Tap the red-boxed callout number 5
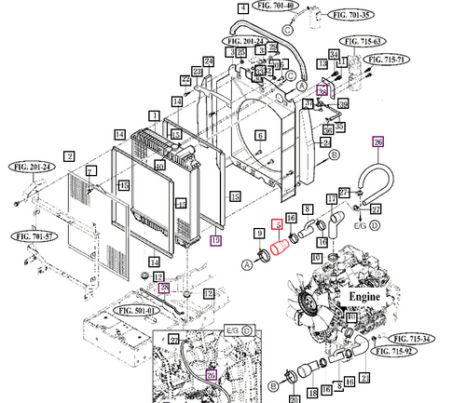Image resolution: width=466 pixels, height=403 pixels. (276, 225)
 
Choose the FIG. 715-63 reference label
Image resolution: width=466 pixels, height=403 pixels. (362, 41)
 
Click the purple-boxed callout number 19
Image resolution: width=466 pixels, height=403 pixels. (215, 240)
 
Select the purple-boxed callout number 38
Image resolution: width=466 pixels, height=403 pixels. (323, 91)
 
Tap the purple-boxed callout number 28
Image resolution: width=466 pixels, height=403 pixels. (164, 289)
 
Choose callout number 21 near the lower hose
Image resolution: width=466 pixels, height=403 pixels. (364, 377)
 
